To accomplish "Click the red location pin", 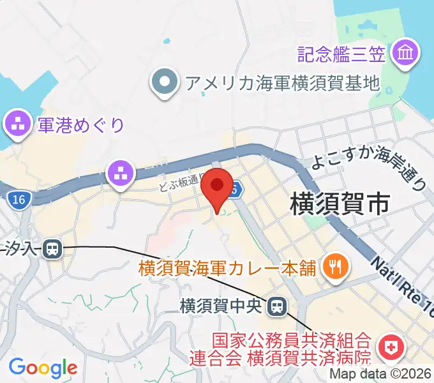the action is [218, 187].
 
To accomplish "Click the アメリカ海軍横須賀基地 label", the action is [281, 82].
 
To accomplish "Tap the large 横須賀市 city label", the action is [339, 204].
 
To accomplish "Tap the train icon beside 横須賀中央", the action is [276, 306].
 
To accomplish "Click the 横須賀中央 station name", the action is [221, 306].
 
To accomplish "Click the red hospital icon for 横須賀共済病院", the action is [389, 347].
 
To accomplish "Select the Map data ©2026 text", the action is [381, 375].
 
